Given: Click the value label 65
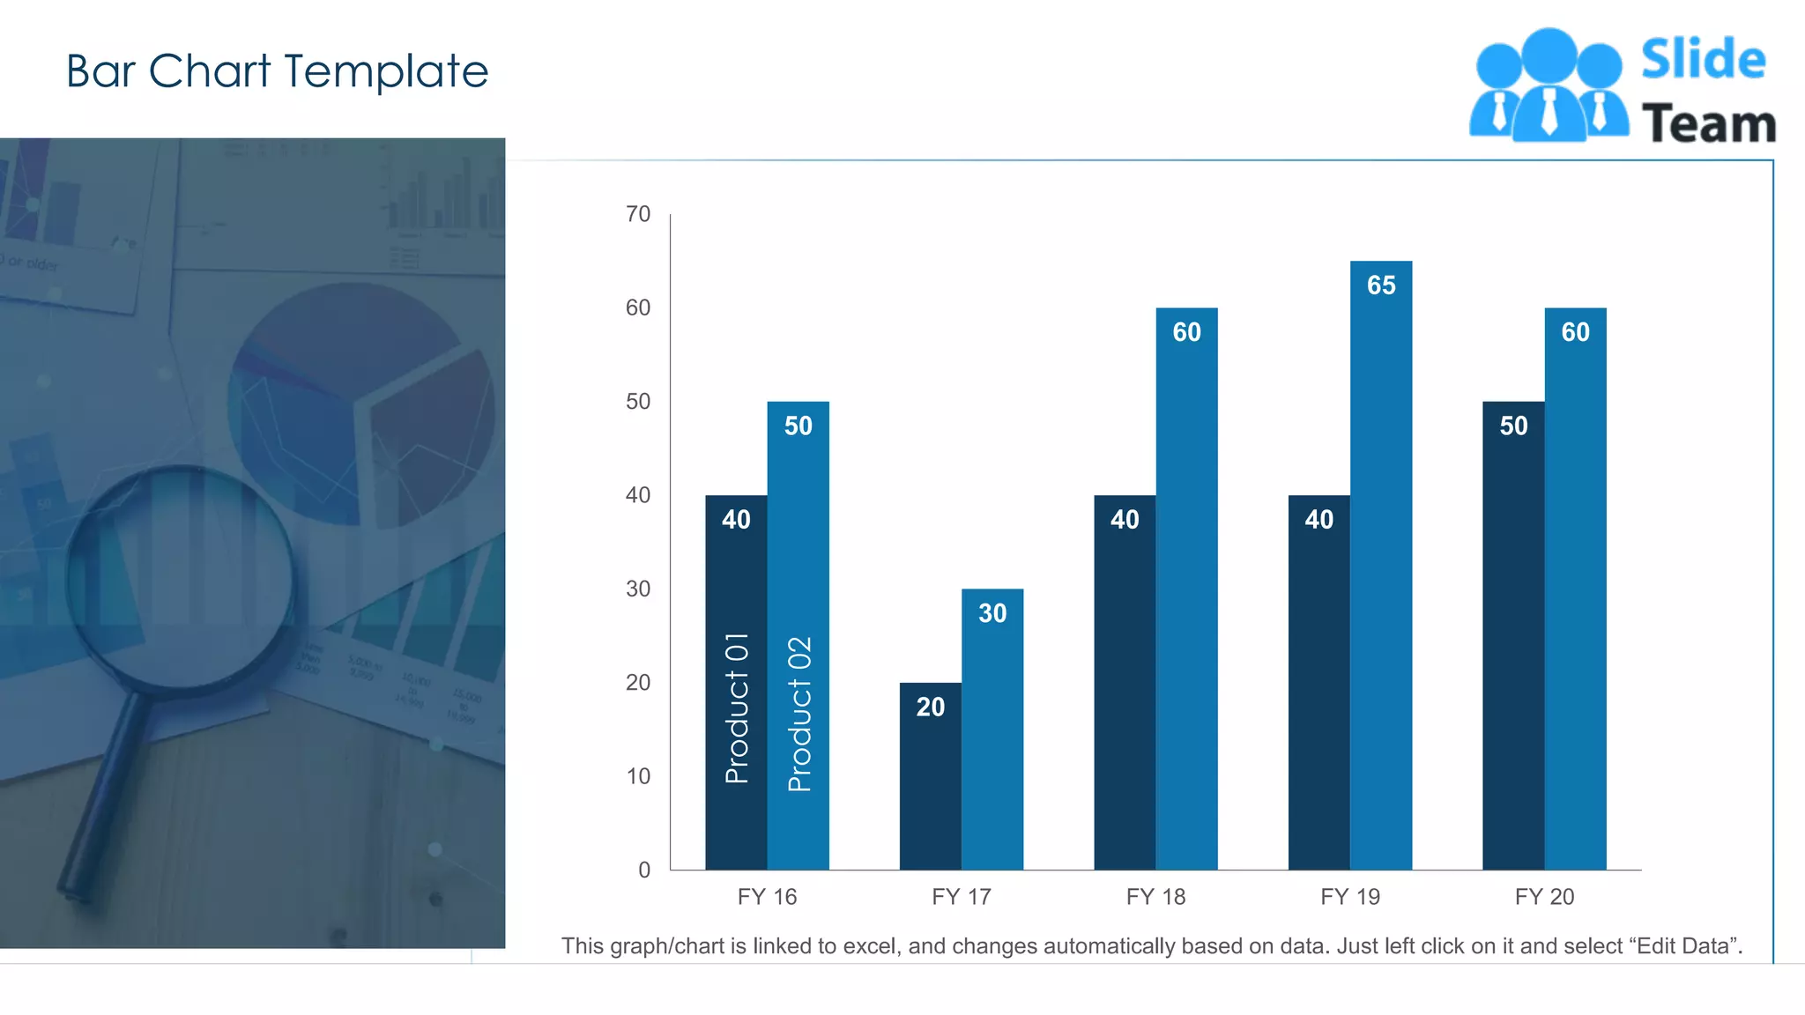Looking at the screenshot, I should coord(1381,285).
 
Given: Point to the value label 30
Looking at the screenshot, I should coord(992,613).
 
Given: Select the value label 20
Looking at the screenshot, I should coord(930,707).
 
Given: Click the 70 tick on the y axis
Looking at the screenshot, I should coord(638,214).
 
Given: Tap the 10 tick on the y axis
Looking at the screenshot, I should coord(638,776).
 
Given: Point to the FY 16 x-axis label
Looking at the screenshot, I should coord(767,897).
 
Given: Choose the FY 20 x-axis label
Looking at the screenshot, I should coord(1544,897).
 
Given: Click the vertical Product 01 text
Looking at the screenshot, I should coord(737,708).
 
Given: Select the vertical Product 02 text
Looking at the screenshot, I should coord(799,714).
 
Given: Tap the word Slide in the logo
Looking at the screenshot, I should coord(1703,60).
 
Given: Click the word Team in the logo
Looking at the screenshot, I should coord(1708,123).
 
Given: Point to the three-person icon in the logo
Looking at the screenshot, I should coord(1549,86).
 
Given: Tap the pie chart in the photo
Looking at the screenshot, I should coord(361,405).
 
